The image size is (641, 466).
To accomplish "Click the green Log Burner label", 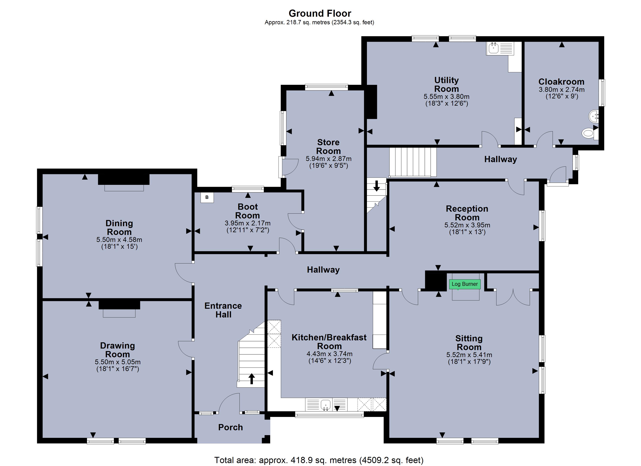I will click(465, 284).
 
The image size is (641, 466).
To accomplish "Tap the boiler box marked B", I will click(207, 197).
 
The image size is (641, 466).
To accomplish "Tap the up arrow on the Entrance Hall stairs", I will click(251, 379).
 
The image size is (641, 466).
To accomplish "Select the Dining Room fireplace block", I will click(124, 179).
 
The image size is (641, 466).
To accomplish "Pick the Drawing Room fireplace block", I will click(119, 305).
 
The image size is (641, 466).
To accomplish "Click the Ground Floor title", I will click(320, 13).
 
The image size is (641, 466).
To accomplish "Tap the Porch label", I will click(230, 427).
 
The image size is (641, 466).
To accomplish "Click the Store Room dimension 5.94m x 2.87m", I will click(328, 159).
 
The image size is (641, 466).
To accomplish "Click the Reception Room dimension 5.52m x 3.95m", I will click(467, 225).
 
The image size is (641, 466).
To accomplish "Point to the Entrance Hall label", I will click(223, 310).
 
